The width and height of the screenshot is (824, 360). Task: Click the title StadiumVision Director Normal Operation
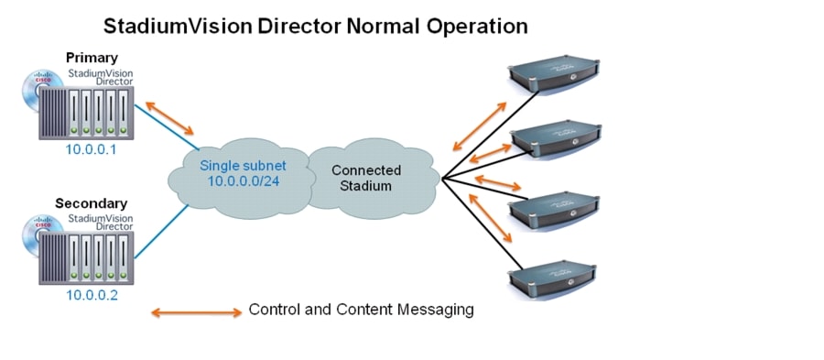pyautogui.click(x=315, y=26)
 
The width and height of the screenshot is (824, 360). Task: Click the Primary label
pyautogui.click(x=92, y=58)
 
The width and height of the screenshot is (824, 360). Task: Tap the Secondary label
pyautogui.click(x=91, y=202)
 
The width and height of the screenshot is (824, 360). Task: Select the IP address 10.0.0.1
pyautogui.click(x=91, y=150)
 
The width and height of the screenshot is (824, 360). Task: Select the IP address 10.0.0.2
pyautogui.click(x=91, y=296)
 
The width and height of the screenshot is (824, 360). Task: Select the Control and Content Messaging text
pyautogui.click(x=361, y=310)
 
